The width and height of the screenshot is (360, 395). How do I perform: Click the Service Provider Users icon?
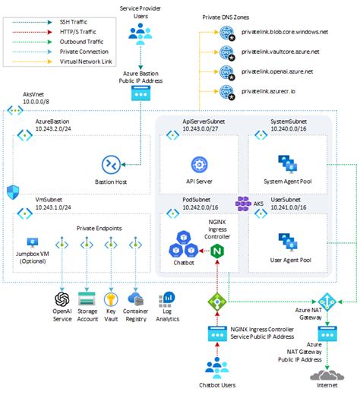[x=139, y=33]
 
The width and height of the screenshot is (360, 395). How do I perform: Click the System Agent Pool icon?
[x=288, y=161]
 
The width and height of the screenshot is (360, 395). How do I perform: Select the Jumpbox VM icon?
[x=32, y=245]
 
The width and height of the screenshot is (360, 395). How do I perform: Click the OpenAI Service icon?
[x=62, y=299]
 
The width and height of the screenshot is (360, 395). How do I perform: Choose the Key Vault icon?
[x=113, y=299]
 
